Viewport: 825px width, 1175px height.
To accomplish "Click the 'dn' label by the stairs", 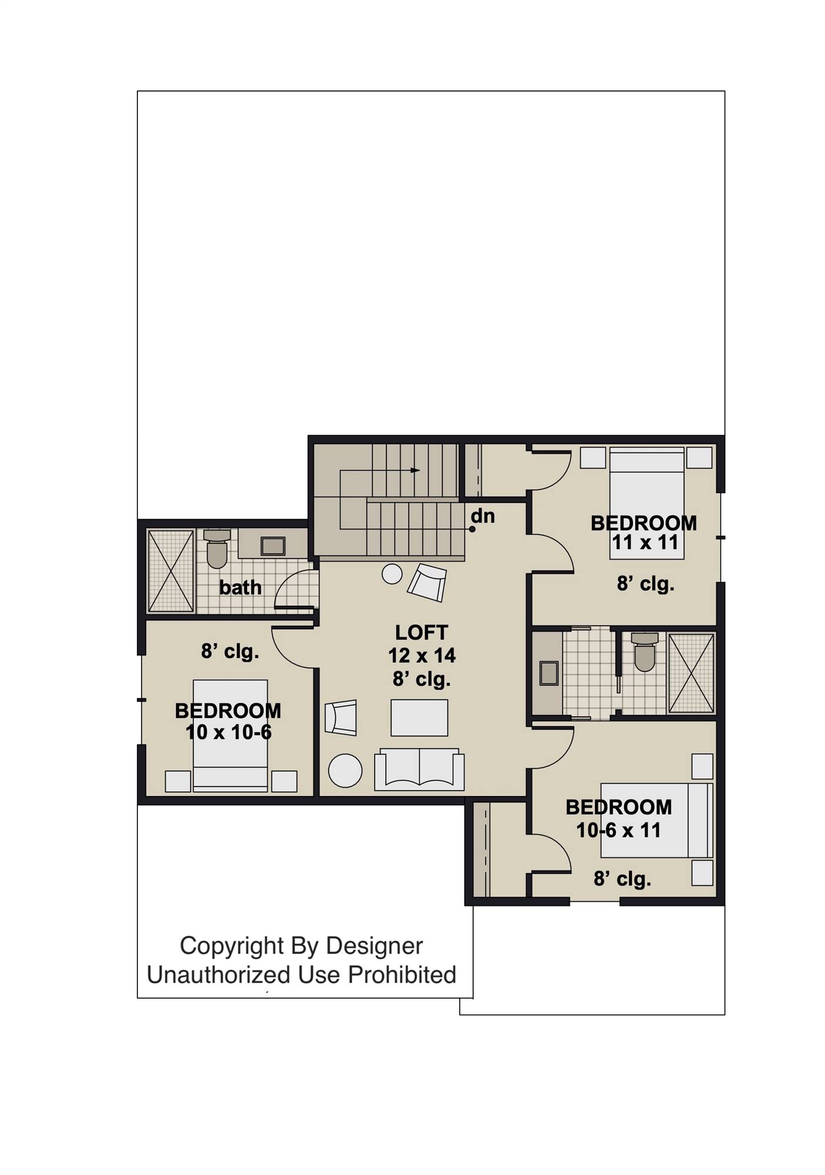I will tap(483, 516).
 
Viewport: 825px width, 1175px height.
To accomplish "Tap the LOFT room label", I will tap(421, 633).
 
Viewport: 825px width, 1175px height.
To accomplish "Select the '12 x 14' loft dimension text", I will tap(421, 655).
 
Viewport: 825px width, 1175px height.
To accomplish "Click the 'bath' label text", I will tap(240, 587).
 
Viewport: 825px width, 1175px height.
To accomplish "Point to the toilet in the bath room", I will tap(217, 550).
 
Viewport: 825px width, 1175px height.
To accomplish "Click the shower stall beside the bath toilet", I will tap(171, 571).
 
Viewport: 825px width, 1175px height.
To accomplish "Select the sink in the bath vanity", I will tap(273, 546).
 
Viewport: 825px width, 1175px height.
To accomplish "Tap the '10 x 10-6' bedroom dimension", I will tap(228, 732).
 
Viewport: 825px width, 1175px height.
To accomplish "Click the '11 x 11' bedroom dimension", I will tap(645, 542).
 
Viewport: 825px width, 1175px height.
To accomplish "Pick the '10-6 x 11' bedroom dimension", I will tap(618, 830).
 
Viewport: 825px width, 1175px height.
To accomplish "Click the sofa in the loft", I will tap(419, 770).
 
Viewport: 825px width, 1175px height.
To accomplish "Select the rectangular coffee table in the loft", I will tap(419, 717).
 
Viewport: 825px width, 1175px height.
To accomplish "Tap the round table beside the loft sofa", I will tap(345, 770).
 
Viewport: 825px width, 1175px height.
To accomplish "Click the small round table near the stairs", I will tap(392, 574).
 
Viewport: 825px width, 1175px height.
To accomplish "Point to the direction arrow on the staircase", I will tap(415, 471).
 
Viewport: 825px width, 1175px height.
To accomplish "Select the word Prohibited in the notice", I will tap(402, 975).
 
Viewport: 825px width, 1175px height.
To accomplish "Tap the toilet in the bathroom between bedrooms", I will tap(644, 653).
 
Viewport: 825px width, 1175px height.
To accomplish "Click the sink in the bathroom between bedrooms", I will tap(549, 673).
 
